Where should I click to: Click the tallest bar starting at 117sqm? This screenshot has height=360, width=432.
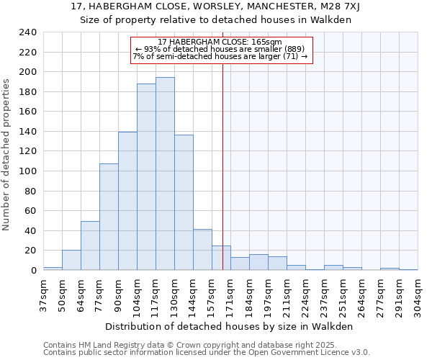165,174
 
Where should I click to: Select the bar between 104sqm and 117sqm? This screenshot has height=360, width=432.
146,177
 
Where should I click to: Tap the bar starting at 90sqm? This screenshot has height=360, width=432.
127,201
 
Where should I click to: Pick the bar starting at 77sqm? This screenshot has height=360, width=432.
109,217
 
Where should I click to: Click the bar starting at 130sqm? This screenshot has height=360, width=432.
184,202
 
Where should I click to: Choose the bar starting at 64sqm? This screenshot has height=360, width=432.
90,246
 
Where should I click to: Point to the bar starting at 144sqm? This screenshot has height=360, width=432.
202,250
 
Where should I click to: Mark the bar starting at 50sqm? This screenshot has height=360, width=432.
71,260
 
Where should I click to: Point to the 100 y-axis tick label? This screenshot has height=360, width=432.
27,171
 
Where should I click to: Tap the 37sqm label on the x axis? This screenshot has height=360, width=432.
43,294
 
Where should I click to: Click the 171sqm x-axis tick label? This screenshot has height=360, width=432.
230,294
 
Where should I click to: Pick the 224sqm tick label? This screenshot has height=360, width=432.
305,294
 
